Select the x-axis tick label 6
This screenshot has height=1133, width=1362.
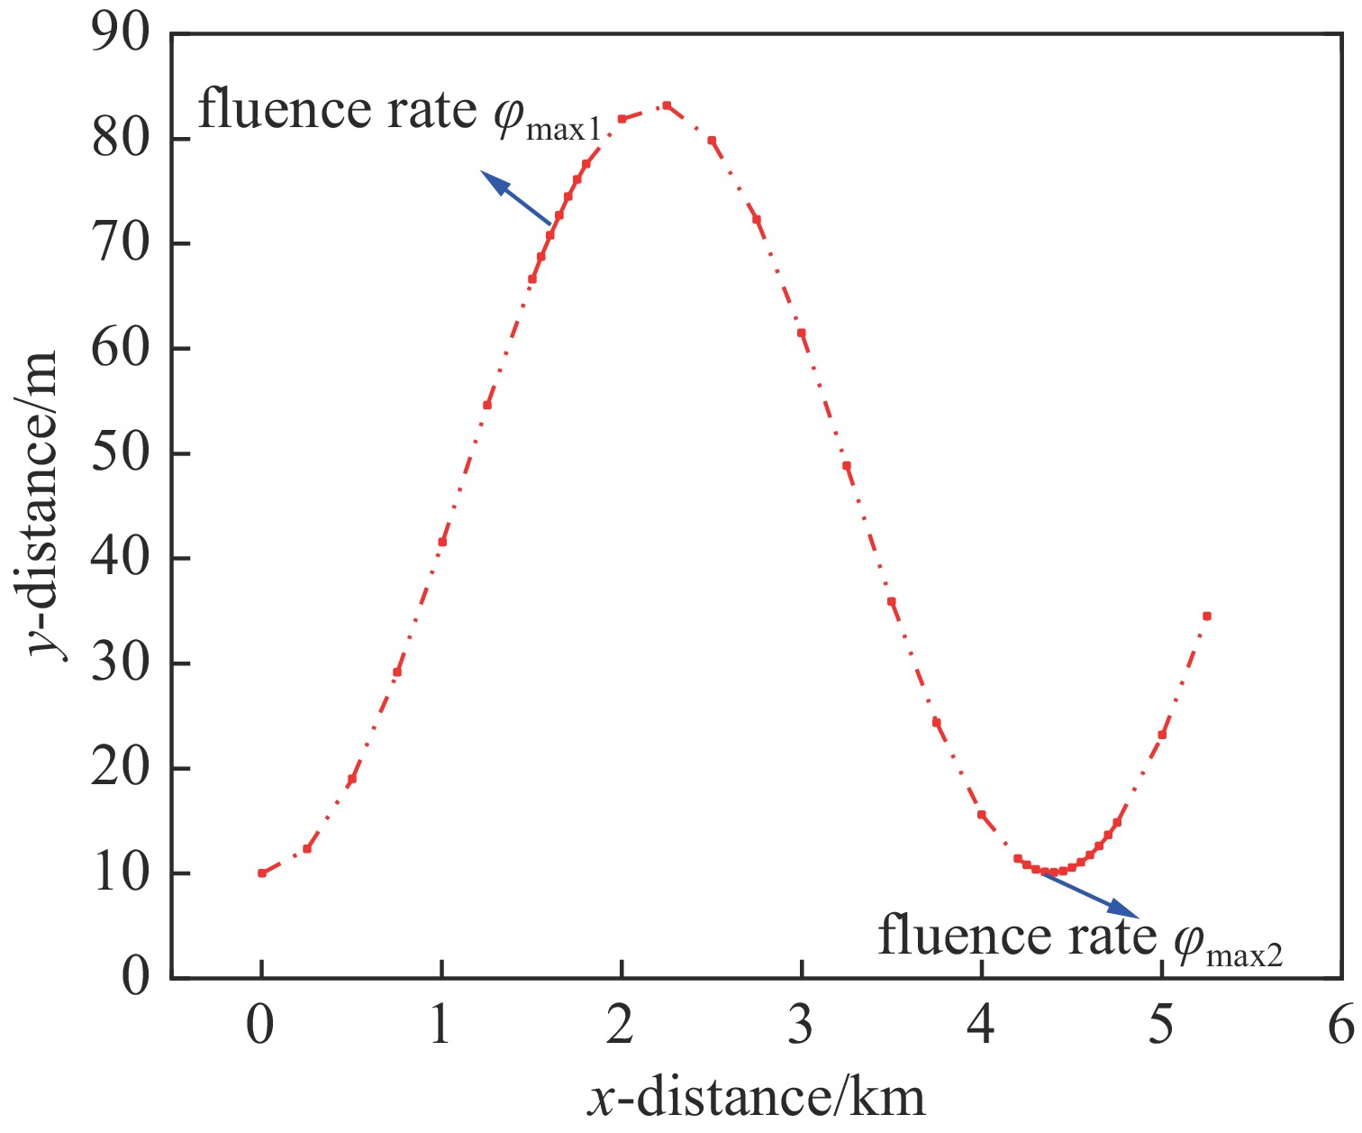click(1341, 1026)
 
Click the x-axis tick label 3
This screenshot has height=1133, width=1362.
click(801, 1026)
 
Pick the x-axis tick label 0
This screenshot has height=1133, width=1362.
click(260, 1026)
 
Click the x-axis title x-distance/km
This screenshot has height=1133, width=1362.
click(757, 1097)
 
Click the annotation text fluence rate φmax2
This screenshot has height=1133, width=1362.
click(1080, 937)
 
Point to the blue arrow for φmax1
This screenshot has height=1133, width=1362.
click(516, 197)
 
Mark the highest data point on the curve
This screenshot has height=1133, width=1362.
click(667, 105)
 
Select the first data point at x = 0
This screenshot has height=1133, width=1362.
click(261, 873)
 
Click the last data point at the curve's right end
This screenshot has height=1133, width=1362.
click(1207, 616)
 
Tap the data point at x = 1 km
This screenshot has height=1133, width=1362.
click(441, 542)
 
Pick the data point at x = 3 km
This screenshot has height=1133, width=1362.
click(802, 333)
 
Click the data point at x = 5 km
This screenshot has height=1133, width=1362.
click(1162, 735)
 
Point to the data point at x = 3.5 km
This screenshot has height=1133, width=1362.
click(892, 601)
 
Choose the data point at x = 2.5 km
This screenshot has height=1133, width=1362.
click(712, 141)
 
